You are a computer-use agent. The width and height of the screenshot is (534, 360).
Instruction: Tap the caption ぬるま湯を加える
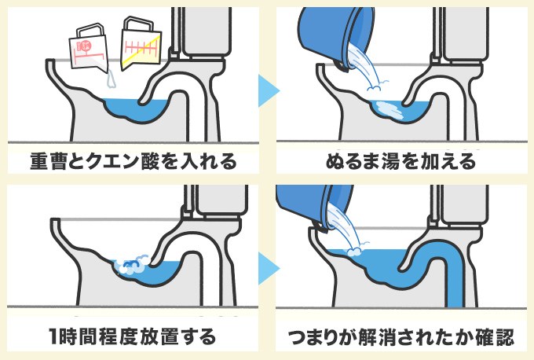400,163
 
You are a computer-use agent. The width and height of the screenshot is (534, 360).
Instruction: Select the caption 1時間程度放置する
130,338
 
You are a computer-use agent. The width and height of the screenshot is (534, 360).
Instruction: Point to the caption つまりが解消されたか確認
400,338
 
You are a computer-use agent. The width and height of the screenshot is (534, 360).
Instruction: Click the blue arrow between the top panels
267,90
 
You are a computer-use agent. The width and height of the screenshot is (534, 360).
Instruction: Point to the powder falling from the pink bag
111,76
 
